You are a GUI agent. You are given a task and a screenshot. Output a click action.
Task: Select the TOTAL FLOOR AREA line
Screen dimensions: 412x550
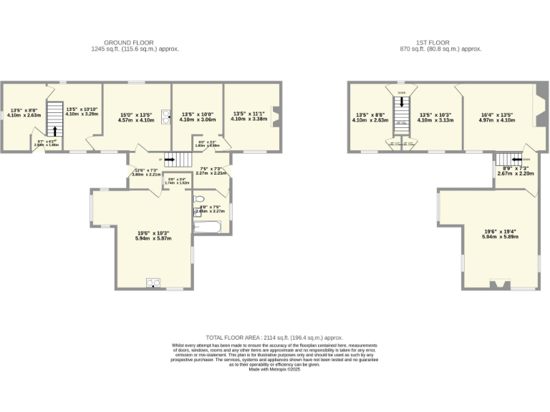pyautogui.click(x=275, y=337)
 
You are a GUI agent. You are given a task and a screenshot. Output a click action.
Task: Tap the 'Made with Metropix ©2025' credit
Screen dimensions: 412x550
pyautogui.click(x=275, y=368)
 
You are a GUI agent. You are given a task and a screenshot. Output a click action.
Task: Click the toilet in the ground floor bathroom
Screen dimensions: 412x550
pyautogui.click(x=199, y=199)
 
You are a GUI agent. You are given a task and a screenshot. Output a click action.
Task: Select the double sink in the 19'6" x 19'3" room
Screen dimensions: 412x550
pyautogui.click(x=153, y=282)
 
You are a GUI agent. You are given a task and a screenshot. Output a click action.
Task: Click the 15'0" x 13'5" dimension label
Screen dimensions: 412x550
pyautogui.click(x=136, y=117)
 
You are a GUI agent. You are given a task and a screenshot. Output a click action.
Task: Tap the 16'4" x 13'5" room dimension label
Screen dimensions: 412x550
pyautogui.click(x=496, y=117)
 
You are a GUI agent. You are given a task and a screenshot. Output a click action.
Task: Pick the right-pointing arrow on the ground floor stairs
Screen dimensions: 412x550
pyautogui.click(x=170, y=160)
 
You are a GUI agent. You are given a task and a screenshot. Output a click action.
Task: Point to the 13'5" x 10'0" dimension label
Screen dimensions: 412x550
pyautogui.click(x=197, y=117)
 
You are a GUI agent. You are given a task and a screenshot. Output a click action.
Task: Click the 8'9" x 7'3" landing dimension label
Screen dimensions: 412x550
pyautogui.click(x=513, y=170)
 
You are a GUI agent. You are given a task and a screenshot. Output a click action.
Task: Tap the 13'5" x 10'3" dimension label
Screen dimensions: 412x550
pyautogui.click(x=435, y=117)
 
